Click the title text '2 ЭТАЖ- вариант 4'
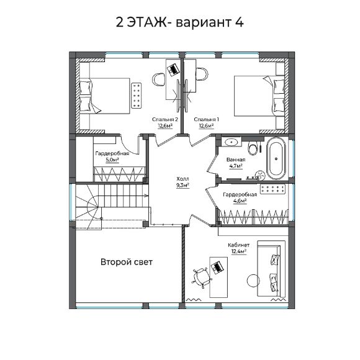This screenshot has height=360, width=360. point(180,22)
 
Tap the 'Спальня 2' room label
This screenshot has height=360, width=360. point(165,119)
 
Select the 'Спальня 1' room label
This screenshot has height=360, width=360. point(206,119)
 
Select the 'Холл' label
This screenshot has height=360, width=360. point(182,178)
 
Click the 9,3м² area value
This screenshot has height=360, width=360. point(182,184)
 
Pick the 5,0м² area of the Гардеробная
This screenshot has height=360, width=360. point(112,160)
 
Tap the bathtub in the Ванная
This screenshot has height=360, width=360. point(277,158)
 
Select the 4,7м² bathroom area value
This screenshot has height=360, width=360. point(236,166)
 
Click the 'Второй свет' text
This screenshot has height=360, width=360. point(127,262)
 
